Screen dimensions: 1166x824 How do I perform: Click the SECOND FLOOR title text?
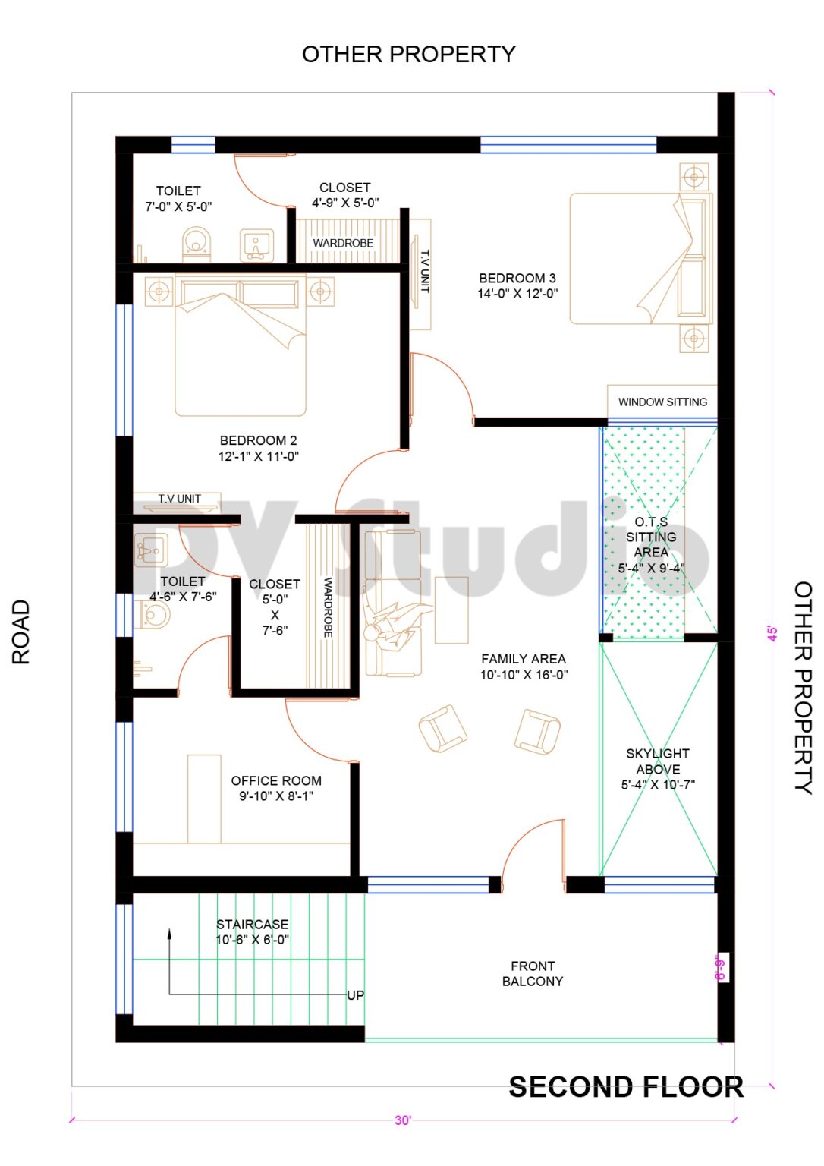[625, 1087]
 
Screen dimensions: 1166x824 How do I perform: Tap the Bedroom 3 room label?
[517, 279]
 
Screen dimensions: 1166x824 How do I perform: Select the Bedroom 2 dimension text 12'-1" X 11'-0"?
[259, 456]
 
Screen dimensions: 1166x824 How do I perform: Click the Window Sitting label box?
[662, 402]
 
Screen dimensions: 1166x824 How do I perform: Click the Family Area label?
[523, 659]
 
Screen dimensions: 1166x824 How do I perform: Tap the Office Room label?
[276, 780]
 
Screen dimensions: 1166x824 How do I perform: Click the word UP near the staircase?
[355, 995]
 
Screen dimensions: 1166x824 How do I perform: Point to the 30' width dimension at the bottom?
[403, 1120]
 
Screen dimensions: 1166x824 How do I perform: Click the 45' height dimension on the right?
[772, 634]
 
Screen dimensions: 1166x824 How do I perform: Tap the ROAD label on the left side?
[21, 632]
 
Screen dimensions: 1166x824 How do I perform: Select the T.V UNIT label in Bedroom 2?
[180, 499]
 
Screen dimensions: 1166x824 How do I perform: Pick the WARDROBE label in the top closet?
[343, 243]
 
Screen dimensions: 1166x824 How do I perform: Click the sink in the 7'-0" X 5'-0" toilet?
[256, 244]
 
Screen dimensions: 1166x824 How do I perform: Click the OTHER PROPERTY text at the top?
[408, 54]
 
